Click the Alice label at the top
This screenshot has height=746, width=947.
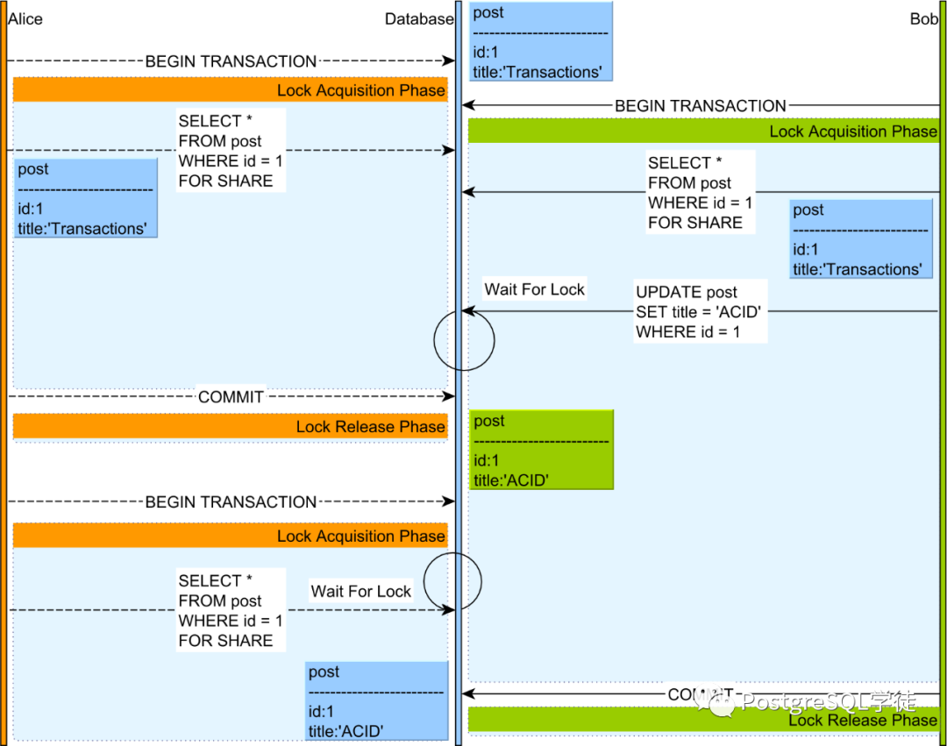pos(25,18)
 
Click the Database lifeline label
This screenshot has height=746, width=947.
pos(418,18)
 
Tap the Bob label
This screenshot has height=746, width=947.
pos(922,18)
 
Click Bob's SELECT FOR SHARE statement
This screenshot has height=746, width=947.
pos(700,193)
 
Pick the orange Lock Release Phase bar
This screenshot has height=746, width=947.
pos(230,427)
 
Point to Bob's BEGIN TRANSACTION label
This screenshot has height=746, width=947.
pos(700,106)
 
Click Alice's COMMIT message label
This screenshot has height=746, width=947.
pos(231,397)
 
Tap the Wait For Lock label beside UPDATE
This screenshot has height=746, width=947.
pos(534,289)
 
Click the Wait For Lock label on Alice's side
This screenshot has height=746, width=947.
pos(360,592)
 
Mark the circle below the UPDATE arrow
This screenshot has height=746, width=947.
pos(464,339)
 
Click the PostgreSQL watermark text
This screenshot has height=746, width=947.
pos(829,702)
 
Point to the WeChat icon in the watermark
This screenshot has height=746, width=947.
pos(723,703)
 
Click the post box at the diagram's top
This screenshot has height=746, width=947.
pos(540,42)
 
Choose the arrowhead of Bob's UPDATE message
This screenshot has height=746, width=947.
pos(467,311)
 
